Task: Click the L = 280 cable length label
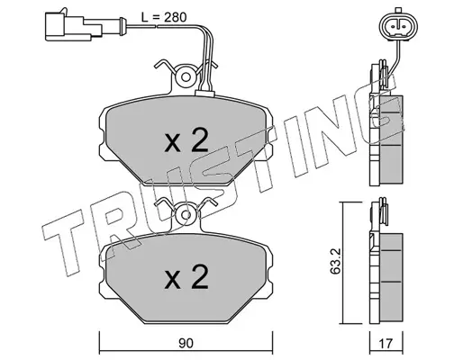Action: tap(164, 17)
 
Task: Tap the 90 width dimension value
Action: tap(186, 344)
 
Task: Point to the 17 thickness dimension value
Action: tap(386, 343)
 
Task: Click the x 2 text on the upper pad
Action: tap(186, 139)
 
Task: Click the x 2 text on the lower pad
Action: tap(186, 277)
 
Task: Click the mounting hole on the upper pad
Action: tap(186, 77)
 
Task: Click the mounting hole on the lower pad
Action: tap(186, 215)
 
